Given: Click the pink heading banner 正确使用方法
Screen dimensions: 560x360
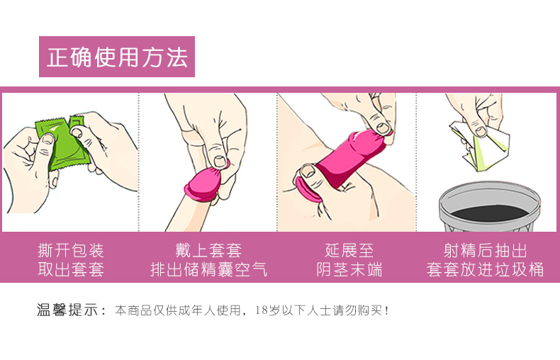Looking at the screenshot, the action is point(117,57).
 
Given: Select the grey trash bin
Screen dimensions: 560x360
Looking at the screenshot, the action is point(490,206).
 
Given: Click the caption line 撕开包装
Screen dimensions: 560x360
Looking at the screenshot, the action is point(71,250).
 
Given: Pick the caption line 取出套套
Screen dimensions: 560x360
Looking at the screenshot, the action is point(71,269).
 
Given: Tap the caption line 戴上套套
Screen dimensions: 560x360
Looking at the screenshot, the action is point(208,250).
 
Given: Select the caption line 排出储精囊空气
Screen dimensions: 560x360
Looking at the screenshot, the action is point(208,269).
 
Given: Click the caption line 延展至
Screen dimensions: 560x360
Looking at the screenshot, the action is point(349,250).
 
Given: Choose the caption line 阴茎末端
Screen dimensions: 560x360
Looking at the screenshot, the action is point(349,269).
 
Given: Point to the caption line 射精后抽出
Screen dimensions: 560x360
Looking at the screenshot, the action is point(485,250).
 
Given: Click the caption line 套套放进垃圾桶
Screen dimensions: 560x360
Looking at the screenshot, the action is point(485,269).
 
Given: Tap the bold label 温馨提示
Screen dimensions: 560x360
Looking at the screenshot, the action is point(67,310).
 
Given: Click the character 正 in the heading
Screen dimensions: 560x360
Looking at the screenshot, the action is point(58,57).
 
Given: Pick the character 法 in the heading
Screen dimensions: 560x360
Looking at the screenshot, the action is point(176,57).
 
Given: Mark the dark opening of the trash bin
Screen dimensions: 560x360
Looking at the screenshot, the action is point(490,213).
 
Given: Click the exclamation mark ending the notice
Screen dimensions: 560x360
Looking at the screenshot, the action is point(387,310).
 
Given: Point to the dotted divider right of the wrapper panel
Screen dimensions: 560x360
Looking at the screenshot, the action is point(138,162).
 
